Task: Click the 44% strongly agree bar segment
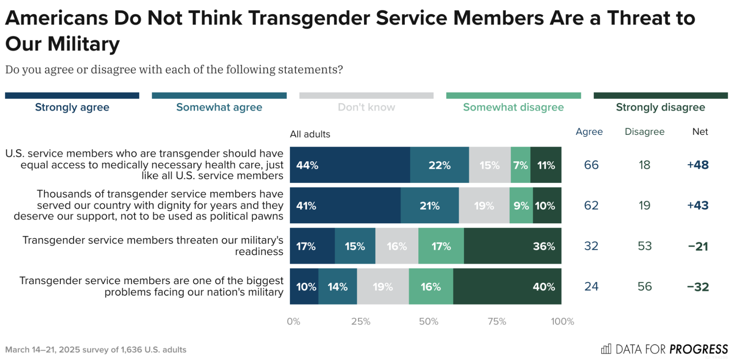pos(350,165)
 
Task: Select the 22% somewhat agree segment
pos(439,165)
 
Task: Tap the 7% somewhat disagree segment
pos(520,165)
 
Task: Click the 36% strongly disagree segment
pos(512,246)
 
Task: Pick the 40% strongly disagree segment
pos(507,286)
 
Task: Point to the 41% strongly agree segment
pos(345,205)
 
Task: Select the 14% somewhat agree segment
pos(337,286)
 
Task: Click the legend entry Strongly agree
pos(72,107)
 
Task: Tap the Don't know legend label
pos(366,107)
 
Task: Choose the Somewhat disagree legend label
pos(513,107)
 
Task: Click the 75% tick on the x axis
pos(497,322)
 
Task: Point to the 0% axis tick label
pos(293,322)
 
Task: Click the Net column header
pos(700,132)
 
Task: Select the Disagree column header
pos(644,132)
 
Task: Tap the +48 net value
pos(698,165)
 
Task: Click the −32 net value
pos(698,287)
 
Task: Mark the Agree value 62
pos(591,205)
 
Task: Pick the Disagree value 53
pos(645,246)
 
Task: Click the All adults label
pos(310,134)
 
